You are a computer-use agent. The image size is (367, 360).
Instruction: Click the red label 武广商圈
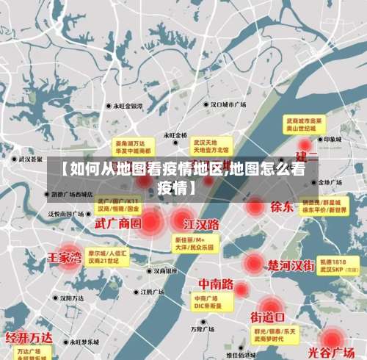tap(117, 222)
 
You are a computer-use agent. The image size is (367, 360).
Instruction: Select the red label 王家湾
tap(65, 258)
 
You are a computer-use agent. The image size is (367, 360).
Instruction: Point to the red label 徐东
tap(282, 207)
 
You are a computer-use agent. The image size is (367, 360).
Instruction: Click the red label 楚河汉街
tap(291, 264)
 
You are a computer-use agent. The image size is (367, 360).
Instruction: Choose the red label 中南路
tap(216, 284)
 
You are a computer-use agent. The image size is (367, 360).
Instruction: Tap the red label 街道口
tap(268, 317)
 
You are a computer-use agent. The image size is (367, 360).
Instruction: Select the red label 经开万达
tap(29, 339)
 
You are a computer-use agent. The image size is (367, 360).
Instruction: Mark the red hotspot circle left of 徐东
tap(255, 207)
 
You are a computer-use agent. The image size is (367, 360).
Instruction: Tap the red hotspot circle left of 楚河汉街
tap(253, 263)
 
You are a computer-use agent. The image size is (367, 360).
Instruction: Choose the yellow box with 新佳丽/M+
tap(195, 244)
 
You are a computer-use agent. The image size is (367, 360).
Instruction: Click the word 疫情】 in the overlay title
tap(177, 187)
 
